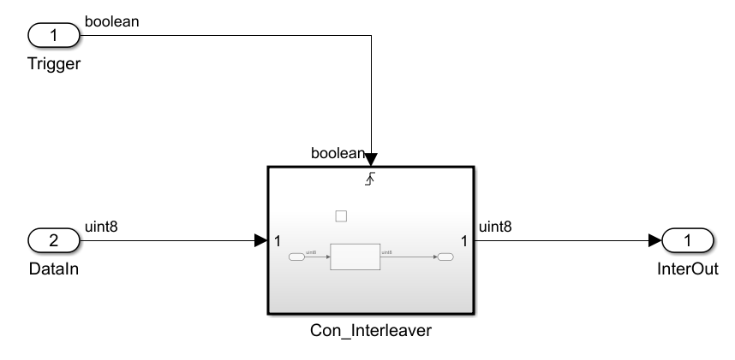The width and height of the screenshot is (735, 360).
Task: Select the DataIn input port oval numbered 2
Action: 53,241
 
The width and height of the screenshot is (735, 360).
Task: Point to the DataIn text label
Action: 53,269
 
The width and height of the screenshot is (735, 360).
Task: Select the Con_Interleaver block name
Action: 370,331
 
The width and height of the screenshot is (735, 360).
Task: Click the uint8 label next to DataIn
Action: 101,227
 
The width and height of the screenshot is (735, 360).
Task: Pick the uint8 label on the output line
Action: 495,227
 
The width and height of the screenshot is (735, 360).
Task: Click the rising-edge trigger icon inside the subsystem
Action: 370,178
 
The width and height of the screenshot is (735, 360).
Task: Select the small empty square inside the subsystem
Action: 341,216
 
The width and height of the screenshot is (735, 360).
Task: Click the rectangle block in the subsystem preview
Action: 355,257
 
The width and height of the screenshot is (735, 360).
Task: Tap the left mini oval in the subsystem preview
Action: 296,257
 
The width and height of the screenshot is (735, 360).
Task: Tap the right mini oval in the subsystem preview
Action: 445,257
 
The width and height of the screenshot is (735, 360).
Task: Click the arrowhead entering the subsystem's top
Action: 370,161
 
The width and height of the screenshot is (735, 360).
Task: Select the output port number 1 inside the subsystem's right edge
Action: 464,241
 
